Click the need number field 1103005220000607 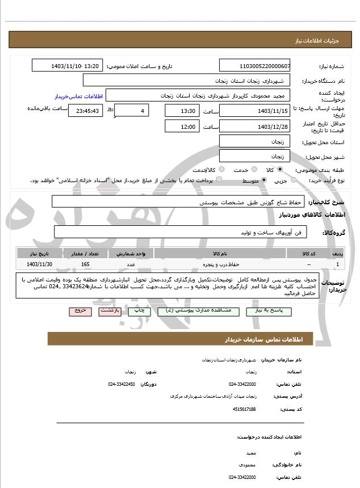pos(254,66)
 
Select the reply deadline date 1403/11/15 pos(254,111)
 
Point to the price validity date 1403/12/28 pos(254,127)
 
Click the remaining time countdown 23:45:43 pos(86,111)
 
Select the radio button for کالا pos(280,170)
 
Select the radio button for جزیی pos(294,180)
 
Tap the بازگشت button pos(110,311)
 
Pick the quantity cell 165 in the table pos(85,264)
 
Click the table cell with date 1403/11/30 pos(40,264)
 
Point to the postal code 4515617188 pos(244,409)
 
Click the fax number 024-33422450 pos(122,384)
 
